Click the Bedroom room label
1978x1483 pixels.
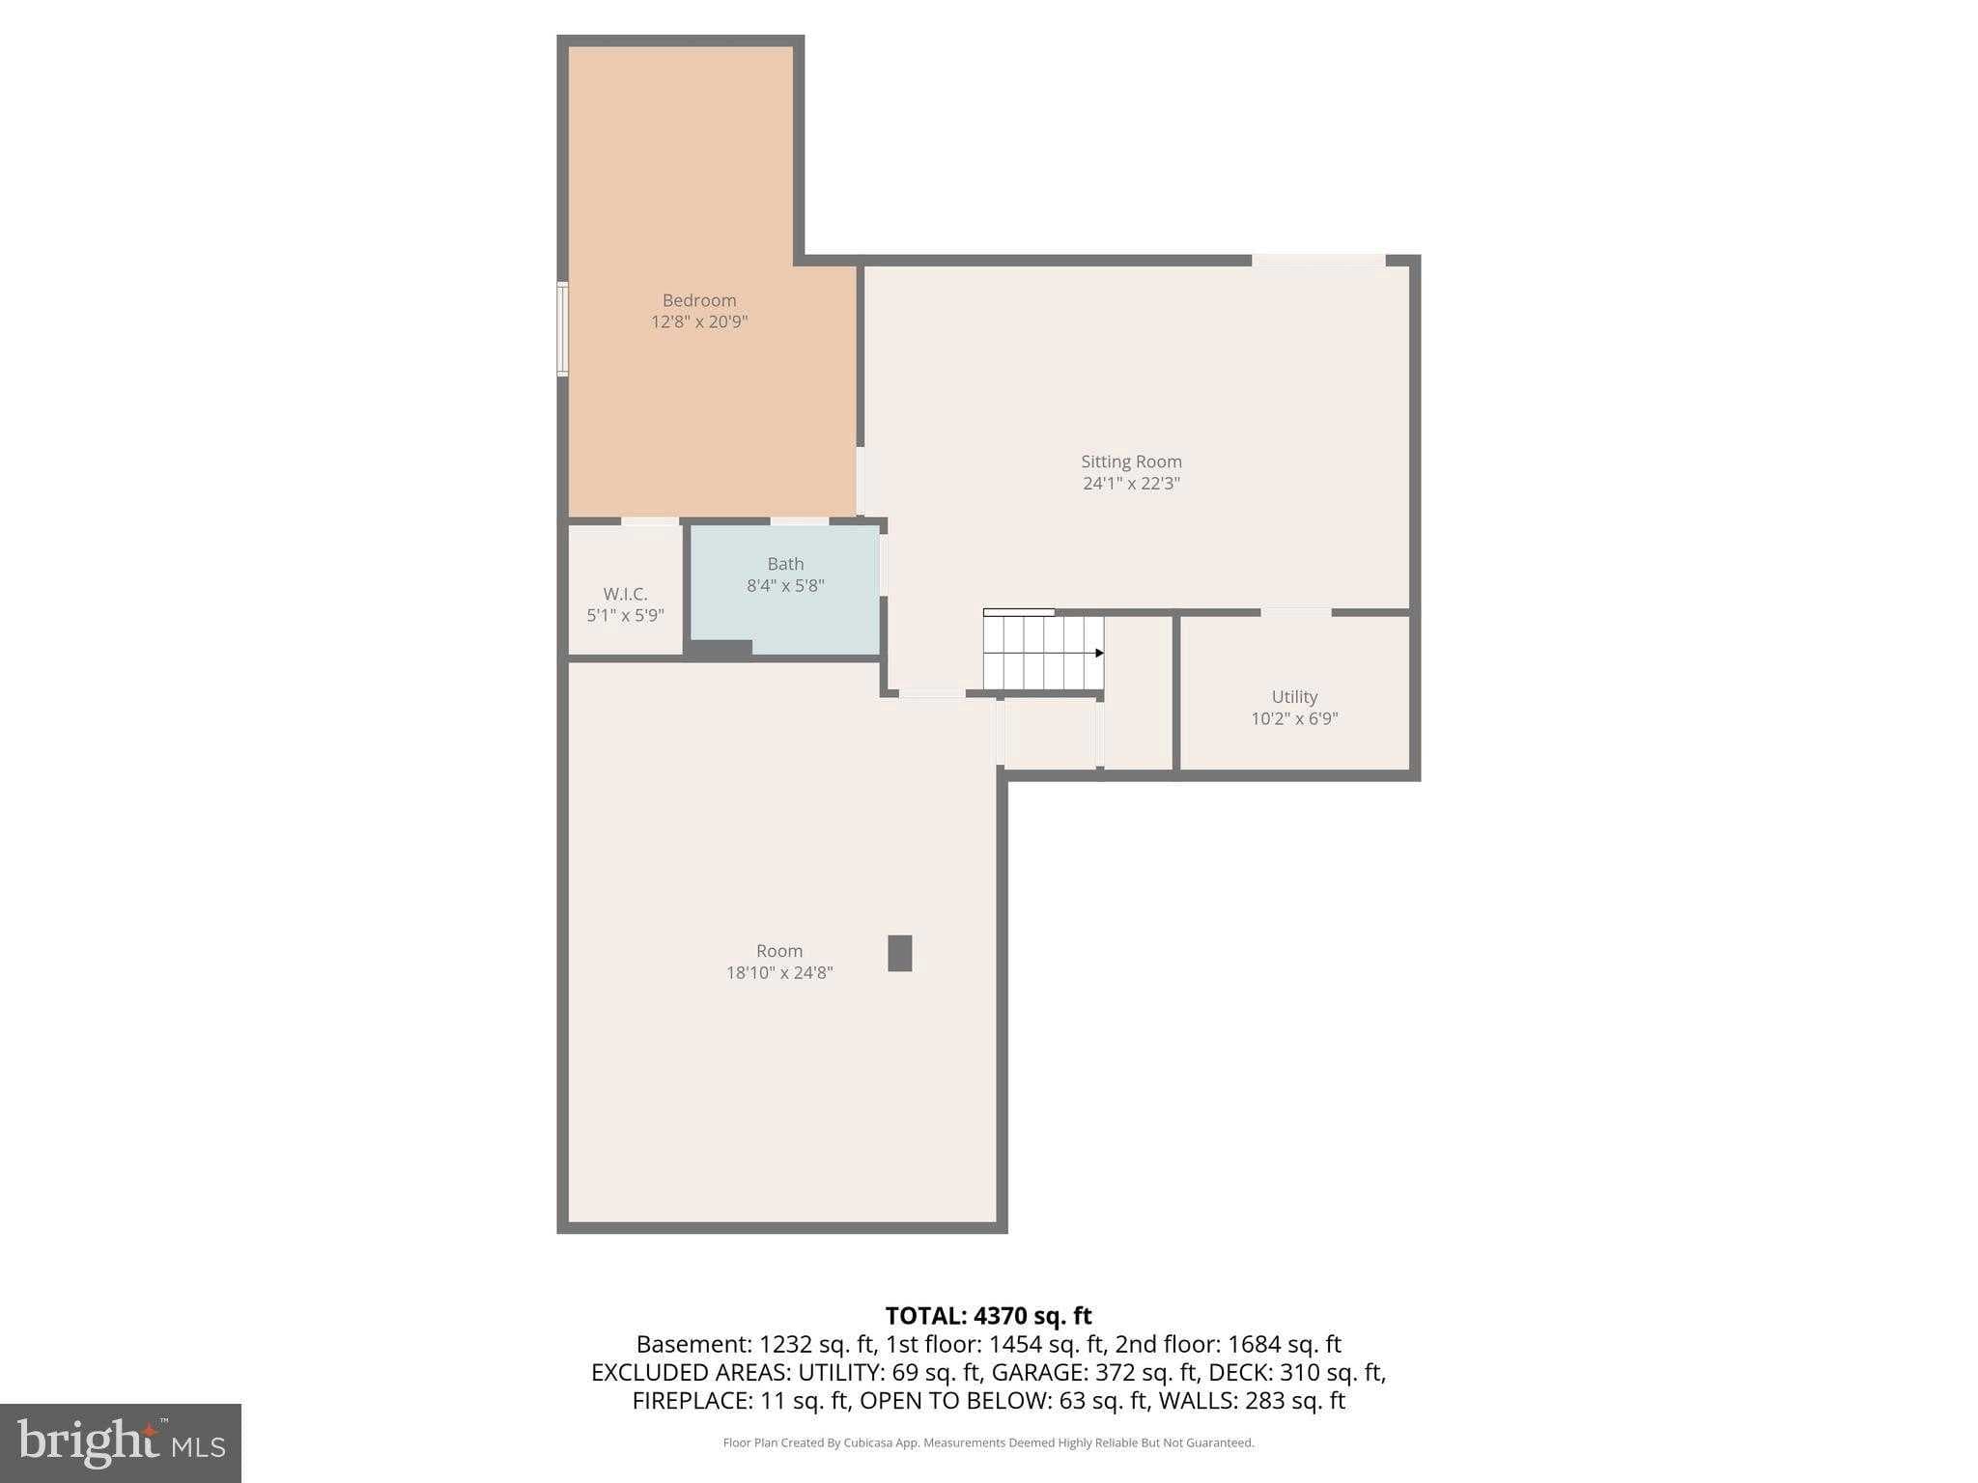tap(699, 300)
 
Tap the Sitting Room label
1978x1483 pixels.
tap(1131, 462)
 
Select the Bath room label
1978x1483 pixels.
tap(785, 564)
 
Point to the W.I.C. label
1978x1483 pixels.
tap(625, 594)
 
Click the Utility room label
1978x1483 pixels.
tap(1294, 697)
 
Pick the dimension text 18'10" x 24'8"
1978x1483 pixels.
tap(779, 972)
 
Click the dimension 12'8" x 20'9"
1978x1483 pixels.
tap(699, 322)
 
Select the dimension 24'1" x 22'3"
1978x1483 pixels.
tap(1131, 483)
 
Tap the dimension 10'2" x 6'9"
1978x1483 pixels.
tap(1294, 718)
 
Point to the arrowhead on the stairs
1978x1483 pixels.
tap(1099, 654)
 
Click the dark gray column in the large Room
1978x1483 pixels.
tap(900, 953)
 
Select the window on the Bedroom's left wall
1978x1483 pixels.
tap(562, 328)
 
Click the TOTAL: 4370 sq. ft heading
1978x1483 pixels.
tap(988, 1316)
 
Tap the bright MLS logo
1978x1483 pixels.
tap(121, 1443)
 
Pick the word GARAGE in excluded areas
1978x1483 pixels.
tap(1040, 1372)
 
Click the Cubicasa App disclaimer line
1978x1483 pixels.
tap(988, 1443)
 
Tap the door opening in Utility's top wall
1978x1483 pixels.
tap(1296, 612)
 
